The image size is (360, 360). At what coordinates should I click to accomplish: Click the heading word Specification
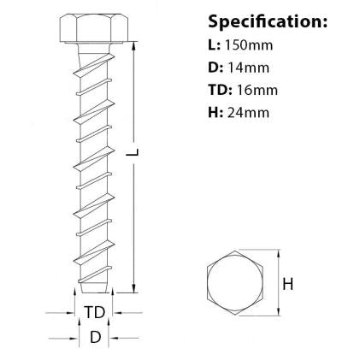(266, 21)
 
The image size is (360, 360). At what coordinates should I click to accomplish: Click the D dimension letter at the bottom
(94, 337)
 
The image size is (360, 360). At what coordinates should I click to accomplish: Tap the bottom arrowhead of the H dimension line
(279, 311)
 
